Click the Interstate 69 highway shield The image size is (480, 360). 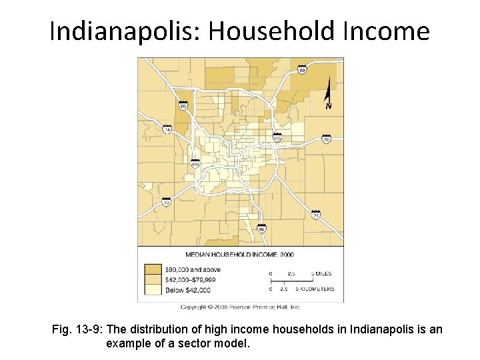click(x=302, y=70)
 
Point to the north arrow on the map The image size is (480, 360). click(x=329, y=93)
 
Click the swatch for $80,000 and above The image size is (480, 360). click(x=153, y=269)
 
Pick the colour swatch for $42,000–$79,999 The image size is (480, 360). click(x=153, y=279)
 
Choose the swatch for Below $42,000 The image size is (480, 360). click(x=153, y=289)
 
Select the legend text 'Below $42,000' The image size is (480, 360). click(x=189, y=290)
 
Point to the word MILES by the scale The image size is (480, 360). click(x=324, y=274)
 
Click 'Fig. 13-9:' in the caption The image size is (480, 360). click(x=77, y=330)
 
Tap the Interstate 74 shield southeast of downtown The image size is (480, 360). click(x=316, y=215)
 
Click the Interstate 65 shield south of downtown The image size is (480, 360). click(x=262, y=229)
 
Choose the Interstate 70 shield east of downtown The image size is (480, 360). click(x=326, y=139)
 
